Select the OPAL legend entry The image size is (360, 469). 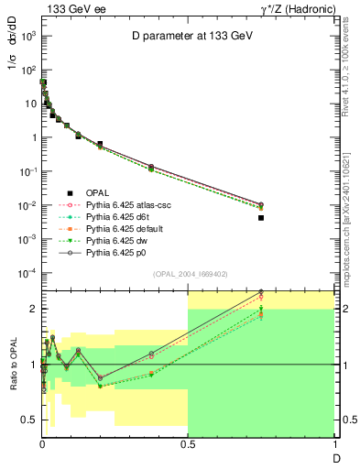(96, 192)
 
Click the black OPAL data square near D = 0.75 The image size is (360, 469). (261, 218)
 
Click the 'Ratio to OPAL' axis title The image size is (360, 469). (12, 365)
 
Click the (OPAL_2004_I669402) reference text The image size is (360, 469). (188, 272)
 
